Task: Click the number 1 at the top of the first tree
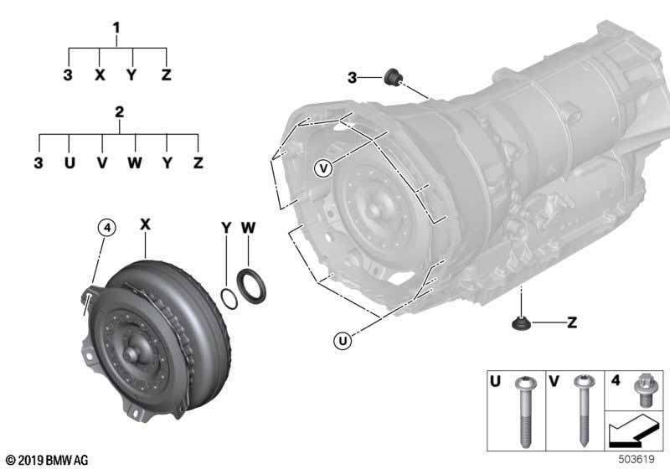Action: click(x=116, y=28)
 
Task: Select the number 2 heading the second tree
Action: click(x=119, y=112)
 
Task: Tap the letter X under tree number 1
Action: click(x=100, y=75)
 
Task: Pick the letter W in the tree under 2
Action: click(x=135, y=162)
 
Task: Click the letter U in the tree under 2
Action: click(x=70, y=162)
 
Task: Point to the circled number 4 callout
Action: click(x=107, y=228)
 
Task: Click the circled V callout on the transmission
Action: click(x=323, y=168)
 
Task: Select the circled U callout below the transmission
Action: click(x=343, y=341)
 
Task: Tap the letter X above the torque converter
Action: click(x=145, y=224)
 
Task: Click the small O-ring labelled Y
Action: click(x=229, y=299)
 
